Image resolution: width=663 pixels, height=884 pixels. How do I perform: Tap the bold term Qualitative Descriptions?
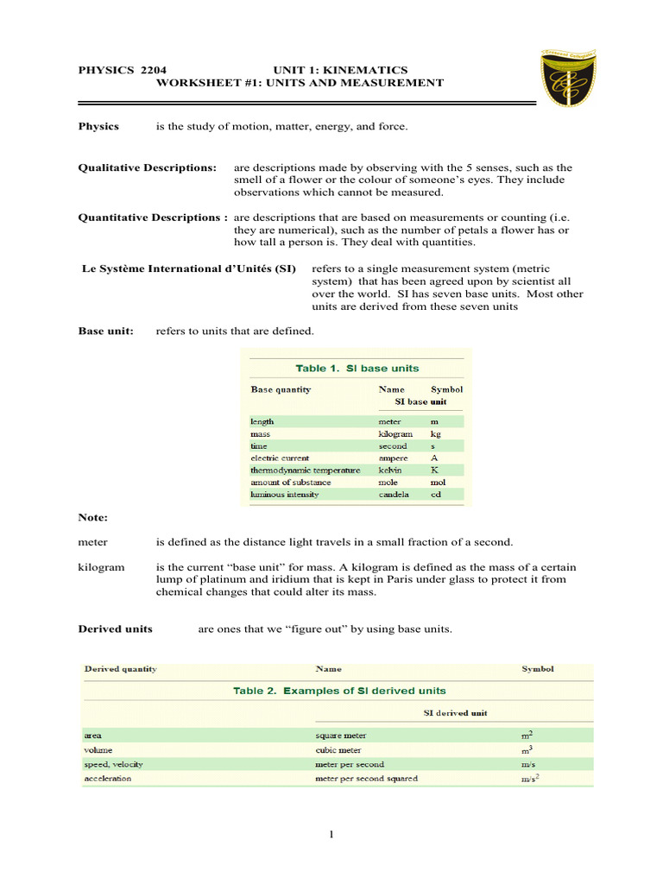coord(148,167)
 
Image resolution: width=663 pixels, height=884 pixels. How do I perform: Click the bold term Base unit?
coord(106,331)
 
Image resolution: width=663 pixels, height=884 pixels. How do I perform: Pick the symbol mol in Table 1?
coord(439,483)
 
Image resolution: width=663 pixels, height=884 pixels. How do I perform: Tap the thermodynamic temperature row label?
coord(306,470)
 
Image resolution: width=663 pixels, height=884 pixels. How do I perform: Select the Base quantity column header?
coord(281,389)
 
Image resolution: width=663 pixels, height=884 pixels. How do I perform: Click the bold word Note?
coord(93,517)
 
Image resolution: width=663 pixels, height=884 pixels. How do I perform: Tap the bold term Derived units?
coord(116,628)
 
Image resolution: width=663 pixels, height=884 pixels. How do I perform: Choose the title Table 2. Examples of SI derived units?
coord(339,691)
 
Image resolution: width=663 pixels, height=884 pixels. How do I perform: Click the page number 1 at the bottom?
coord(331,834)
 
